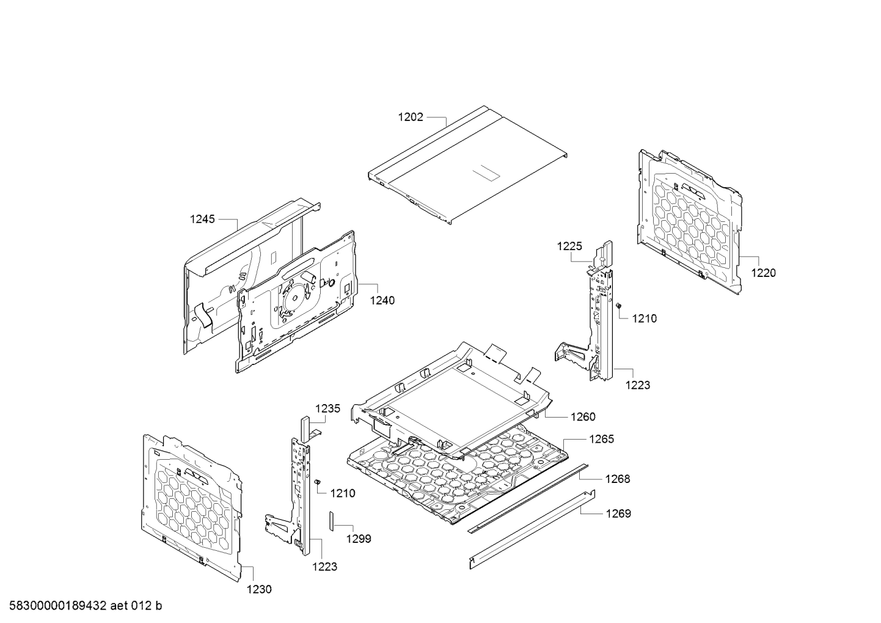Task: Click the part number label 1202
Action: [x=411, y=117]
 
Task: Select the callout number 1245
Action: [x=202, y=219]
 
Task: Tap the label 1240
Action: [x=382, y=300]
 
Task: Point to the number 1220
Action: [x=763, y=273]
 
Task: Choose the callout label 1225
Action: [x=569, y=246]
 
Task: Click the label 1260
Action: [x=583, y=417]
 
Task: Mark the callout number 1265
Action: [x=601, y=439]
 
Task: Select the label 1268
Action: [x=618, y=479]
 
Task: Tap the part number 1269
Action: [x=618, y=514]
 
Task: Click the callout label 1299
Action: [x=359, y=539]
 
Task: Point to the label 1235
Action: [x=327, y=409]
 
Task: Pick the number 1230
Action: [x=259, y=589]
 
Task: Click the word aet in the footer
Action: [x=120, y=606]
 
